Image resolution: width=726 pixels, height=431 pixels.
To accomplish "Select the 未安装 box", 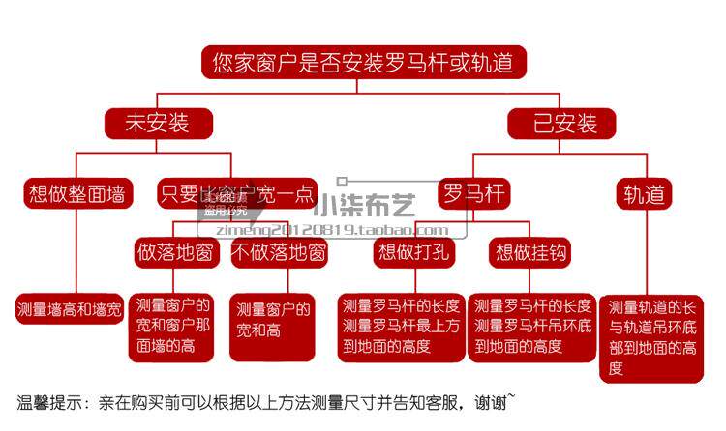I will (x=156, y=123).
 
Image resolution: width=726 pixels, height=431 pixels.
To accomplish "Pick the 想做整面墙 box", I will (x=76, y=193).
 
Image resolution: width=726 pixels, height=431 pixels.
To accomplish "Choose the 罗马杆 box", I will (x=473, y=193).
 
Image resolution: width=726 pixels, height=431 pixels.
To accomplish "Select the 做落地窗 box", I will (x=175, y=253).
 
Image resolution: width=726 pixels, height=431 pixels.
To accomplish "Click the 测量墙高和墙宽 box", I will (x=70, y=311).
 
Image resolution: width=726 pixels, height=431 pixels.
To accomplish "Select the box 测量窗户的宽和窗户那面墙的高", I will (x=174, y=326).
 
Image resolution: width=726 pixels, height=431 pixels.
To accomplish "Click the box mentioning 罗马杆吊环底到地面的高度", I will (x=532, y=326).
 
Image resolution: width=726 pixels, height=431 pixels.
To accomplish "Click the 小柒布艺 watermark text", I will (x=378, y=206).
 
